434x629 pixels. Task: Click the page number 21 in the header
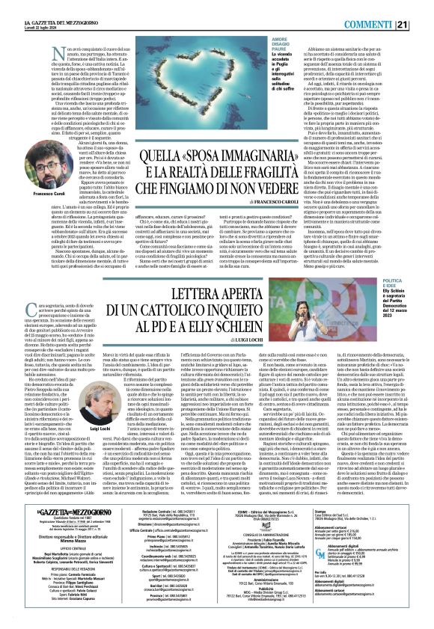(424, 8)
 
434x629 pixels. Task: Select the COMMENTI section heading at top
(390, 8)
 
